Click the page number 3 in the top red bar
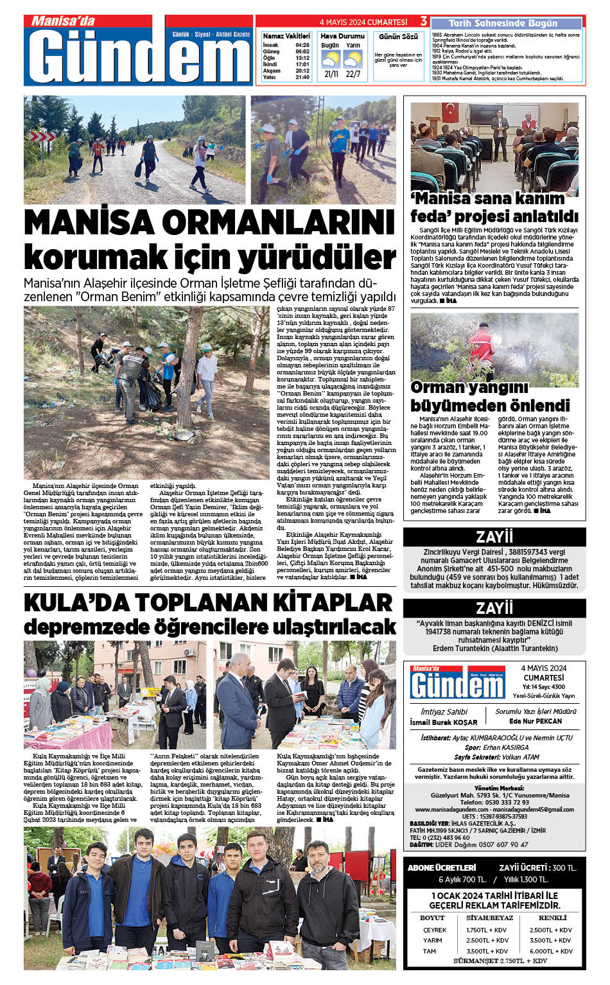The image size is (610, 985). coord(424,21)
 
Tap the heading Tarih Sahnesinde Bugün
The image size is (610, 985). coord(494,23)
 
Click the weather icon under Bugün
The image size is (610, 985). coord(330,60)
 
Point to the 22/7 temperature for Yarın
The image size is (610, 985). coord(353,74)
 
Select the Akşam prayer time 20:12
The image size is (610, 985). coord(302,71)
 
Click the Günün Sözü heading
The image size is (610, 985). coord(398,37)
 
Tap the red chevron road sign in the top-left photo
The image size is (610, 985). coord(43,137)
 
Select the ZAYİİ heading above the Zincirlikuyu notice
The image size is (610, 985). coord(494,537)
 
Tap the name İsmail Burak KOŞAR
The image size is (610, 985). coord(444,722)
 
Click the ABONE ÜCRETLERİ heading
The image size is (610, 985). coord(442,867)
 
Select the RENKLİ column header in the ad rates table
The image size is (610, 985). coord(552,918)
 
